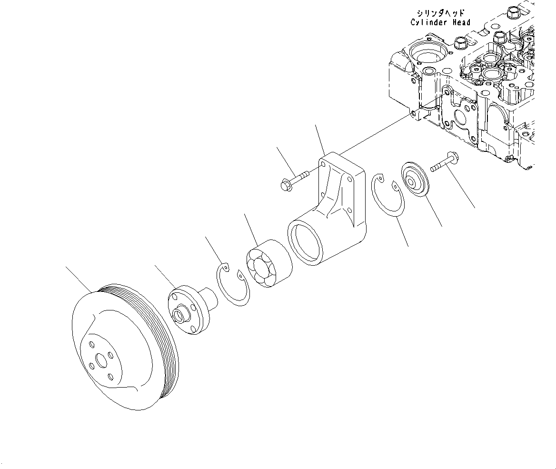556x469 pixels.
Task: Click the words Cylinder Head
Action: coord(440,22)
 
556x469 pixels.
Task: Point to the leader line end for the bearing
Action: coord(244,214)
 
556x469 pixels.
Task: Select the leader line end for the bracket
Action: coord(316,125)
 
